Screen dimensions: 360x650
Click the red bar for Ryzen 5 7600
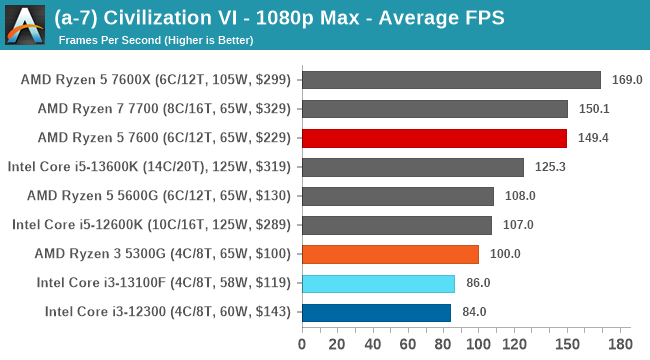pyautogui.click(x=434, y=138)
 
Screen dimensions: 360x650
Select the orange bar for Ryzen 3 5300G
pyautogui.click(x=390, y=254)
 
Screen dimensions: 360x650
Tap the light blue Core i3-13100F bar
pyautogui.click(x=378, y=283)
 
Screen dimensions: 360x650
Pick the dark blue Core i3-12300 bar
pyautogui.click(x=376, y=312)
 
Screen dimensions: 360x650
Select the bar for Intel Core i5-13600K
pyautogui.click(x=412, y=167)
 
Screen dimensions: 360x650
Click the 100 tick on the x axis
pyautogui.click(x=479, y=345)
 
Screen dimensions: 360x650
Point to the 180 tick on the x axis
pyautogui.click(x=621, y=345)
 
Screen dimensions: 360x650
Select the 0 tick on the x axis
pyautogui.click(x=302, y=345)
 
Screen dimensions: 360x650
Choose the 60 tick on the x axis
pyautogui.click(x=408, y=345)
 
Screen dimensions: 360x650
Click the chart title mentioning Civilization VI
pyautogui.click(x=281, y=17)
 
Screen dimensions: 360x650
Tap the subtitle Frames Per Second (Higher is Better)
pyautogui.click(x=156, y=40)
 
